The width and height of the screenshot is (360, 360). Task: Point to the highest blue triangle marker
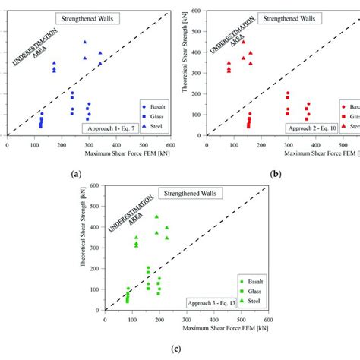point(85,42)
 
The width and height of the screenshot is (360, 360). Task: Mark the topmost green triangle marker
point(156,216)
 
